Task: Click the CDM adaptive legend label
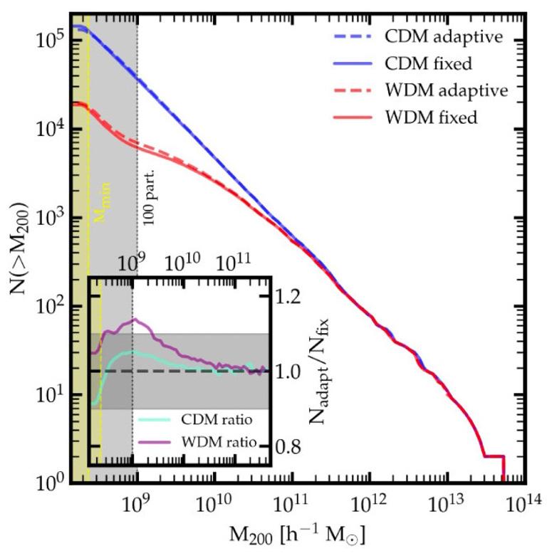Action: coord(444,37)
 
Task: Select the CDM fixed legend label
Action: coord(428,63)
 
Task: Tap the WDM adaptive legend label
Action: coord(447,90)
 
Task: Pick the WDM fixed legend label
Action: coord(431,117)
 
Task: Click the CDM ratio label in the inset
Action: coord(217,419)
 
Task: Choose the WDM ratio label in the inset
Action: coord(219,441)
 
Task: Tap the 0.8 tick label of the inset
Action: coord(288,446)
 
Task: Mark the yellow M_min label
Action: coord(103,202)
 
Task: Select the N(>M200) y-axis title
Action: coord(19,248)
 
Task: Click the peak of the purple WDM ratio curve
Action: coord(135,320)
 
